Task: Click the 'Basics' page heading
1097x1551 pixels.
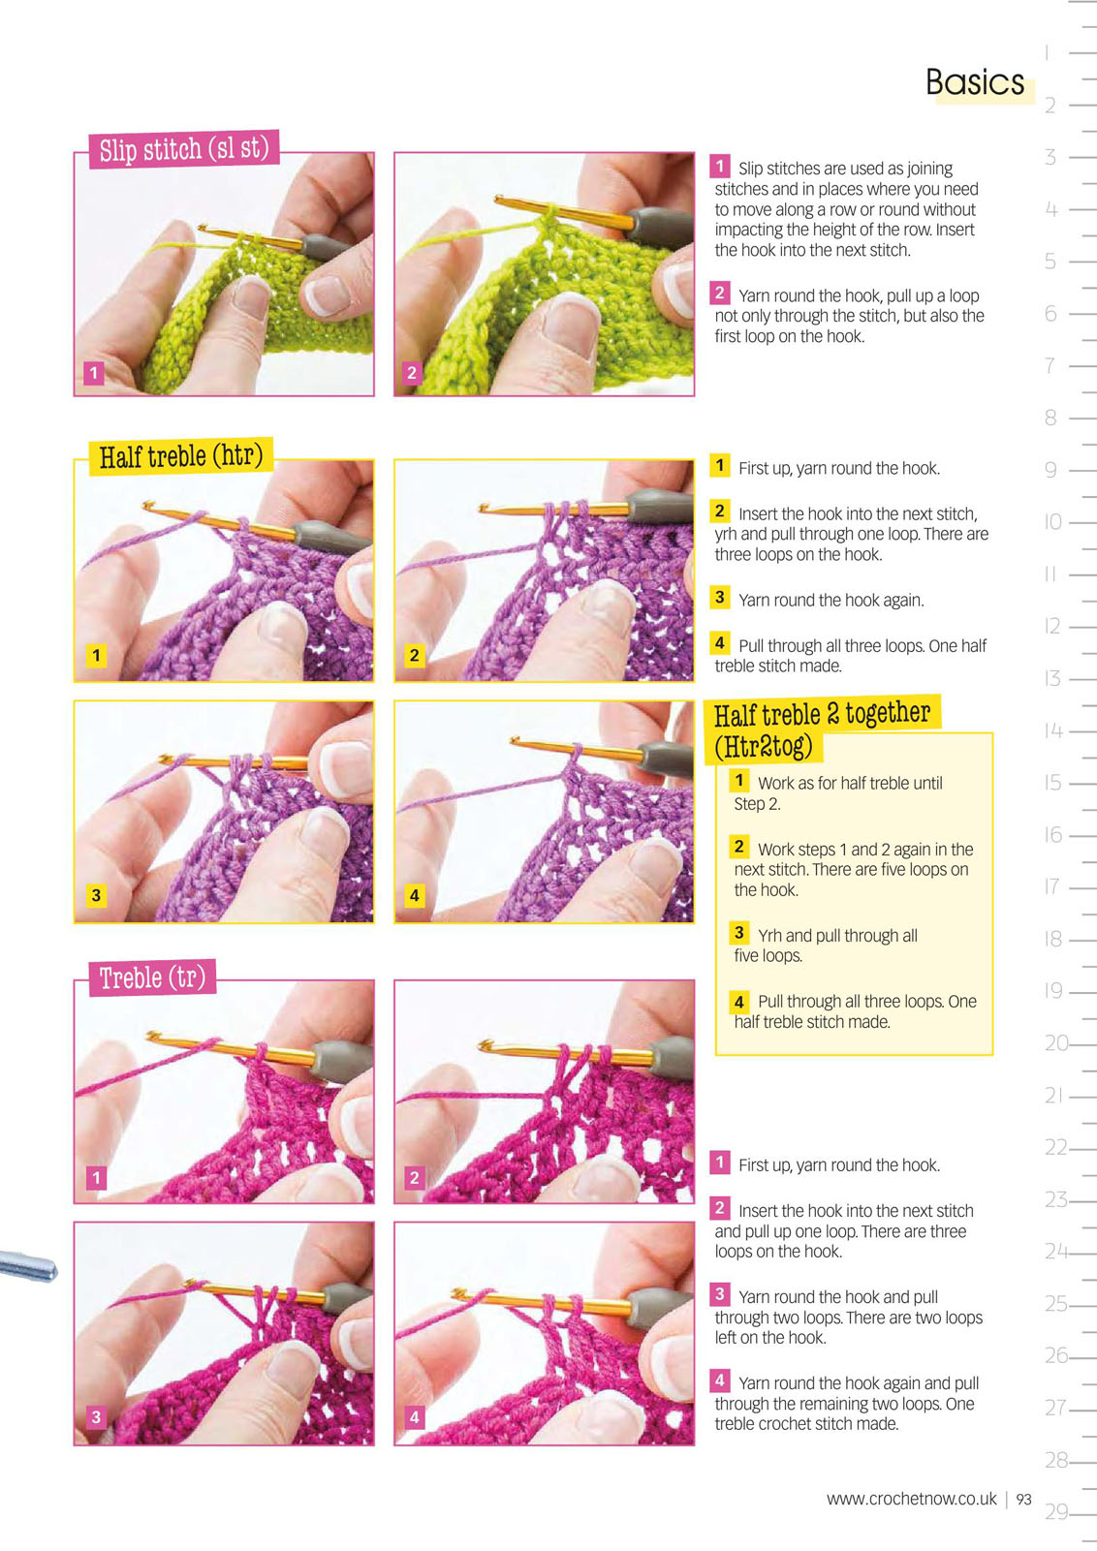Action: coord(975,82)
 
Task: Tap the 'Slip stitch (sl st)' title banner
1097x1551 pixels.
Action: coord(183,149)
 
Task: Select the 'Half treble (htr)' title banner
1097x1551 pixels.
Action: coord(181,456)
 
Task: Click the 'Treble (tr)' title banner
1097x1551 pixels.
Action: coord(152,977)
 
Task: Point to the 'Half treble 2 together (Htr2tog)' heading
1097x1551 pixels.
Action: coord(822,729)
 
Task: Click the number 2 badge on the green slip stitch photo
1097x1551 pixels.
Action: coord(411,373)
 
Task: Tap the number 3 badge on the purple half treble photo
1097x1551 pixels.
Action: coord(96,895)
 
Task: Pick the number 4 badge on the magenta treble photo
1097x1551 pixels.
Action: coord(414,1417)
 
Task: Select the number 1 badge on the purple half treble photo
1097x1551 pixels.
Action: coord(96,655)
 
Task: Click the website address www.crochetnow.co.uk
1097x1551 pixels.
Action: coord(911,1499)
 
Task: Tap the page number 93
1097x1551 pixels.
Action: coord(1023,1500)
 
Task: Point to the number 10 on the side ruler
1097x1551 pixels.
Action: coord(1052,521)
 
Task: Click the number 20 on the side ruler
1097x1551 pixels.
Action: coord(1057,1042)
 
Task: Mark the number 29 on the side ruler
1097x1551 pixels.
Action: coord(1057,1511)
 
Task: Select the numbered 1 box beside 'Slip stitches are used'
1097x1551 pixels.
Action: coord(720,167)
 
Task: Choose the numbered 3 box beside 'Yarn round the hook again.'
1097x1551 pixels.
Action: coord(720,597)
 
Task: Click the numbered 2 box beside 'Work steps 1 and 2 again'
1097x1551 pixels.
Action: coord(739,846)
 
